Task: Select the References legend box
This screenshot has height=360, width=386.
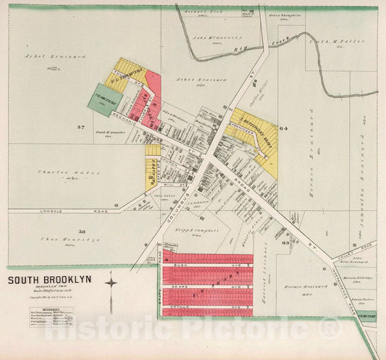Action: point(51,317)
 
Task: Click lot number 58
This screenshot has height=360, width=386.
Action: point(82,232)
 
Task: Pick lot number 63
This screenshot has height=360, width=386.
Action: point(285,243)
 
